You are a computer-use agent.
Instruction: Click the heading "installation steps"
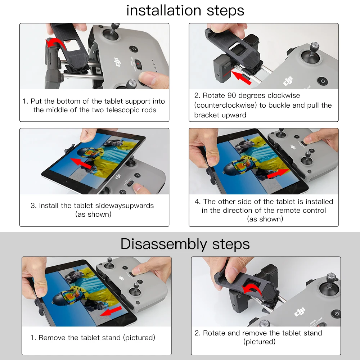[185, 10]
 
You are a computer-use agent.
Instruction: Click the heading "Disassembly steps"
[185, 244]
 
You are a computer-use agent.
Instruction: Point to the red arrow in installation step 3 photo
[81, 163]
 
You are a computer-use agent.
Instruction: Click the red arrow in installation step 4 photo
[278, 174]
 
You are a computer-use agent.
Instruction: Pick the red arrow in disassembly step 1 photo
[111, 311]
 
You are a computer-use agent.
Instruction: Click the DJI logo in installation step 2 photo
[288, 81]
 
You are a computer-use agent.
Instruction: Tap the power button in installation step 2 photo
[322, 81]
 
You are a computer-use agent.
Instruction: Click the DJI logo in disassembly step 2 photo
[300, 311]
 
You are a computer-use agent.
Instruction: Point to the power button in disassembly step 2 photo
[336, 314]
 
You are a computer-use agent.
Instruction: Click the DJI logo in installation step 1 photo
[117, 62]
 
